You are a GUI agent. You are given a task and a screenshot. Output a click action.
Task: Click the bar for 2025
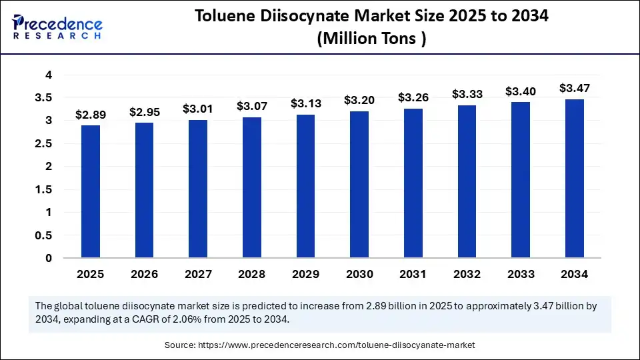click(x=91, y=191)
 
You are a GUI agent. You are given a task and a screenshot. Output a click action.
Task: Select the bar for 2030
click(x=359, y=184)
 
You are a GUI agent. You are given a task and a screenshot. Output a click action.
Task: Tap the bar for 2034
click(x=575, y=178)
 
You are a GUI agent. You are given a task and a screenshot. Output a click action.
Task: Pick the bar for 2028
click(x=252, y=187)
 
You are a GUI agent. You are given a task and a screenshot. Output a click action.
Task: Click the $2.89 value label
click(x=91, y=115)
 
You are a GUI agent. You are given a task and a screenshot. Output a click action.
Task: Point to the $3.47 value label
click(x=575, y=88)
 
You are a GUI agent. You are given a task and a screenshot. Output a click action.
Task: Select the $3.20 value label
click(x=359, y=100)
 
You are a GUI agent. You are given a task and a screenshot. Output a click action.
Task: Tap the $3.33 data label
click(x=467, y=94)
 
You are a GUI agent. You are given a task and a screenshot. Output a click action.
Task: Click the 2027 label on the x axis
click(x=198, y=274)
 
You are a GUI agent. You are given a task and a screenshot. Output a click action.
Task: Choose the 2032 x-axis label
click(x=467, y=274)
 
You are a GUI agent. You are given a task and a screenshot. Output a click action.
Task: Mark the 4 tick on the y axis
click(x=49, y=75)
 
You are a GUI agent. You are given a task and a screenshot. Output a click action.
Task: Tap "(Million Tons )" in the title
click(x=371, y=39)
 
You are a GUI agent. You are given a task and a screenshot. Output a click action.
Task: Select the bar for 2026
click(x=144, y=190)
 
